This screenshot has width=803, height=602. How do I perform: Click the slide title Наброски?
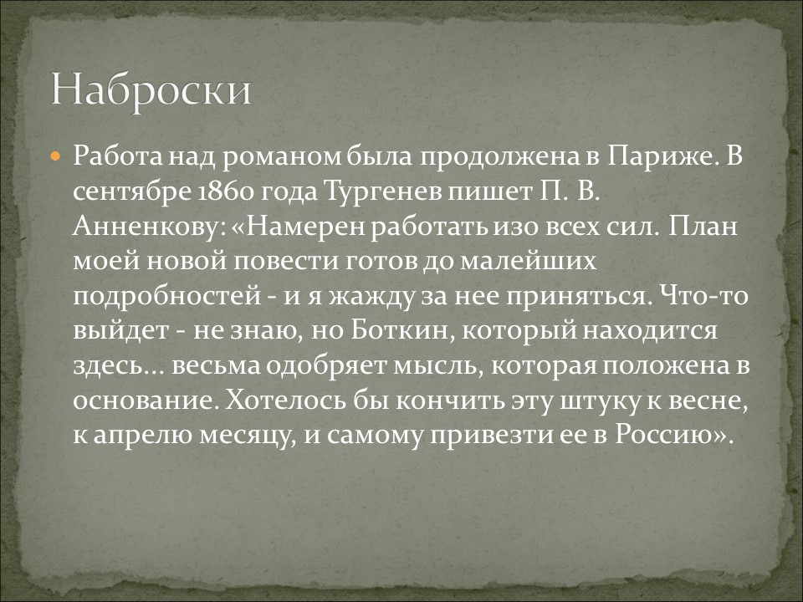(151, 89)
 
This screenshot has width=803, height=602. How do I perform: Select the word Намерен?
(301, 227)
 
